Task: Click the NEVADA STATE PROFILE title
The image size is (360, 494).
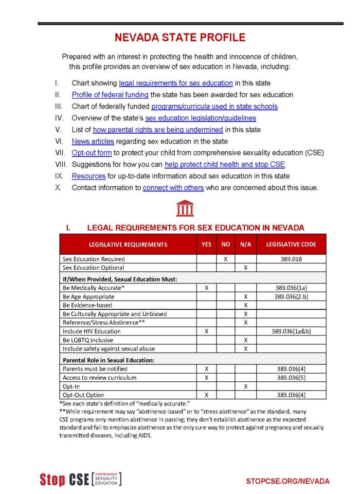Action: point(179,38)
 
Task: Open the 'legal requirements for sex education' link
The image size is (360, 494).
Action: point(176,83)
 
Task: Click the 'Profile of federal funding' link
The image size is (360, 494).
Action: point(110,95)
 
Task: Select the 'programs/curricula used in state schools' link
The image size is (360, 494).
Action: point(214,107)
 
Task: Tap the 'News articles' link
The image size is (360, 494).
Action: point(93,141)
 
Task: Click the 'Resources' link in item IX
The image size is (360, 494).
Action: point(88,176)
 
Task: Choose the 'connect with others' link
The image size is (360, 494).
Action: point(173,188)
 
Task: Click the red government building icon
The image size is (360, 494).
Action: point(185,208)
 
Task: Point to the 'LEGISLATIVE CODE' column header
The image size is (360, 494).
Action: point(291,244)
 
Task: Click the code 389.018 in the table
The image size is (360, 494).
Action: point(291,259)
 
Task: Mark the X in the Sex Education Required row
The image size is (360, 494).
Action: point(225,259)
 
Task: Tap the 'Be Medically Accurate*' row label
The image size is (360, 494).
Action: point(94,288)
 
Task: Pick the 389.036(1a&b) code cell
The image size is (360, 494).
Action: point(291,331)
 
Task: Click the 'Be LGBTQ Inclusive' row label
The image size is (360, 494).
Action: point(88,340)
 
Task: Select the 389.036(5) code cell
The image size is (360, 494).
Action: point(291,378)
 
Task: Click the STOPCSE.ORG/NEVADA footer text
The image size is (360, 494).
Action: point(287,481)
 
